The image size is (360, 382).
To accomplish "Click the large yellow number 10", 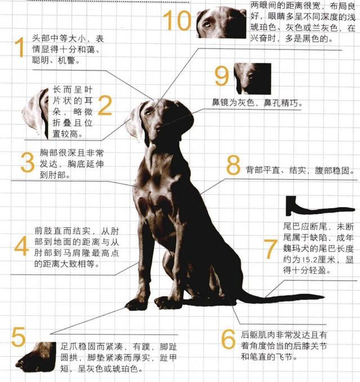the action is (x=177, y=21).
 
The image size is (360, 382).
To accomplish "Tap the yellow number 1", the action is (x=20, y=47).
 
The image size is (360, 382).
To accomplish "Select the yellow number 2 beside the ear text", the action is (x=105, y=105).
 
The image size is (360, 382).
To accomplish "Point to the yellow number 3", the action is (x=27, y=163).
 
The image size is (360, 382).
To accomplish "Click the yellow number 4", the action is (x=22, y=245).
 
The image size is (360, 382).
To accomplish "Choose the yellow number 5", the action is (x=19, y=337).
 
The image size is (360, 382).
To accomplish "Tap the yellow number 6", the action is (x=228, y=339).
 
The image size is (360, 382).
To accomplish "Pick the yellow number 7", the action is (x=271, y=249).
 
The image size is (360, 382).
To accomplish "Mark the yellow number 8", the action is (x=233, y=165).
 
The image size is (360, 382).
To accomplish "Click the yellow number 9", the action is (x=222, y=76).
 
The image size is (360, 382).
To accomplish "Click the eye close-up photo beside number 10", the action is (x=222, y=23).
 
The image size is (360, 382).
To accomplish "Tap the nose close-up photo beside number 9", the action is (x=253, y=79).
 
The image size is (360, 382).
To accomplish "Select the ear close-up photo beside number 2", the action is (x=35, y=114).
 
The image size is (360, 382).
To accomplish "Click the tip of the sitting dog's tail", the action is (x=324, y=296).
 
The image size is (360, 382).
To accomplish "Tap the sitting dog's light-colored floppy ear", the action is (x=134, y=124).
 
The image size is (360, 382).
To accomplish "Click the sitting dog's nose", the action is (x=158, y=129).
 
